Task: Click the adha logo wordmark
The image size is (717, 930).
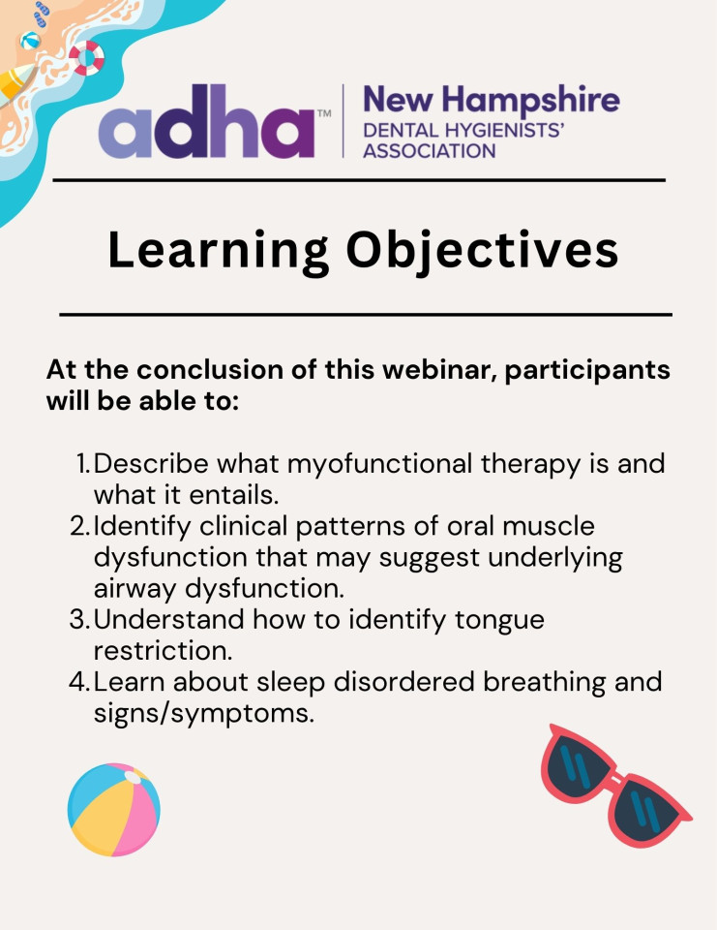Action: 207,122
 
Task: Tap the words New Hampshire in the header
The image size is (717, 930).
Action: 492,100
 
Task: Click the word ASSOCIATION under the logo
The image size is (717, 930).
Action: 429,151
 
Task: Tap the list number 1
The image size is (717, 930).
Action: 83,464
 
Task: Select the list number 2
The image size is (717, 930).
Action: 80,526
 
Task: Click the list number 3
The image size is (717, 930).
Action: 80,619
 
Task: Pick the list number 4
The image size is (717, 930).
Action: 80,681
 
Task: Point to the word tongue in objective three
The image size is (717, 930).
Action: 499,621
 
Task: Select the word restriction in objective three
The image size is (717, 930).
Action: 163,651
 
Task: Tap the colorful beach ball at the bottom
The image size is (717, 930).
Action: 114,810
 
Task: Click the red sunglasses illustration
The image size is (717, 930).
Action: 615,784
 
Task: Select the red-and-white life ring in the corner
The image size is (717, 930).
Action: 87,58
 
